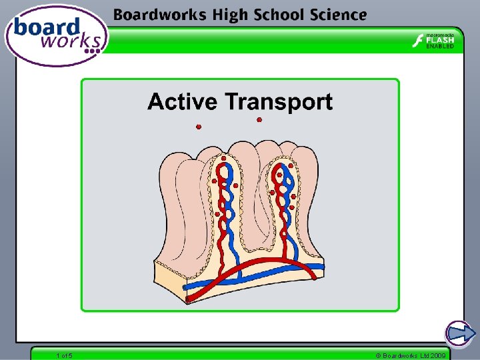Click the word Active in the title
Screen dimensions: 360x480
pos(183,102)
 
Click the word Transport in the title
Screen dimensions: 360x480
pos(279,102)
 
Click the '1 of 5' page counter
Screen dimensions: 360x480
pos(65,355)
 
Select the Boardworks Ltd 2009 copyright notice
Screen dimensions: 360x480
pos(411,355)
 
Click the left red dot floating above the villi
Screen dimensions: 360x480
pos(199,127)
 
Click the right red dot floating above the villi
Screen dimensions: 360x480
pos(259,120)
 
